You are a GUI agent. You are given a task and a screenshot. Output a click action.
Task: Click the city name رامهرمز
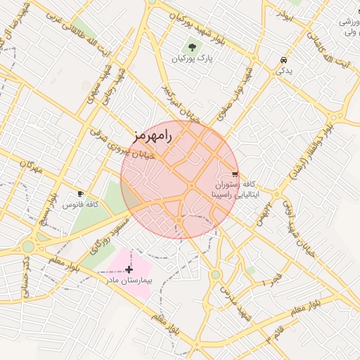pos(152,134)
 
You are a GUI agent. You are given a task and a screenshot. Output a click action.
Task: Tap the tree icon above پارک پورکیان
pos(193,48)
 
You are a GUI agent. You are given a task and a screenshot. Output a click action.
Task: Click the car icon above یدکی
pos(283,60)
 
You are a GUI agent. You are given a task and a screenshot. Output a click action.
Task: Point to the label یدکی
pos(283,71)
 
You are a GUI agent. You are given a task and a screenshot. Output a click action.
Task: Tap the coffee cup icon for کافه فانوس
pos(80,193)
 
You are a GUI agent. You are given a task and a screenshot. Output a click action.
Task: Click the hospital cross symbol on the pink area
pos(129,269)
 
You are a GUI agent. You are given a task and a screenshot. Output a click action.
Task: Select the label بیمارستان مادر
pos(129,280)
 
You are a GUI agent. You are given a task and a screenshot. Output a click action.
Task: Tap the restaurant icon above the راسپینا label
pos(235,174)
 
